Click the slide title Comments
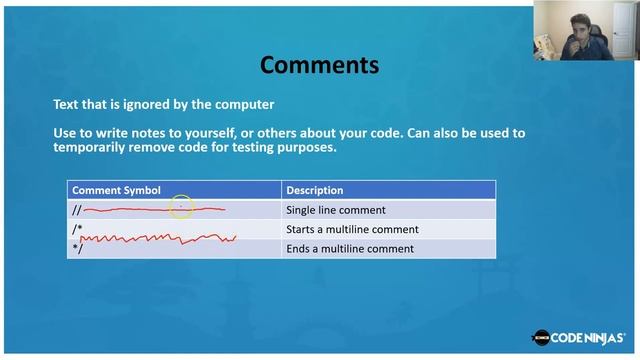(319, 66)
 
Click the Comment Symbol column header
(116, 190)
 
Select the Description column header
(314, 190)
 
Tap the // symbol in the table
(76, 210)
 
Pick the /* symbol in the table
(77, 229)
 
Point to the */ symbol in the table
(77, 248)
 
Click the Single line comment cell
(335, 210)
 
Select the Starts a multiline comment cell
(352, 229)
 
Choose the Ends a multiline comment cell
(349, 248)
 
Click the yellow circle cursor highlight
(181, 207)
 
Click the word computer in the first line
(240, 104)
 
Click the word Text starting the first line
(66, 104)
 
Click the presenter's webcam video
(585, 31)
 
